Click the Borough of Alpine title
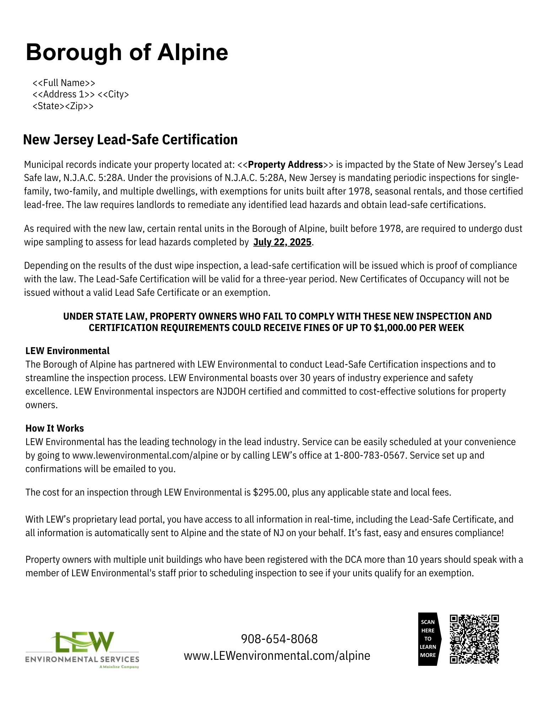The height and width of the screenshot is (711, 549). pyautogui.click(x=127, y=52)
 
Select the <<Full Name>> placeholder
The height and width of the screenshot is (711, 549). pyautogui.click(x=64, y=83)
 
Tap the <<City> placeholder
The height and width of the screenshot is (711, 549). pyautogui.click(x=113, y=94)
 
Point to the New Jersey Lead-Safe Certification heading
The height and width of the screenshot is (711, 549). pyautogui.click(x=130, y=140)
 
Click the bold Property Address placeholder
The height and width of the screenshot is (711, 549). pyautogui.click(x=285, y=165)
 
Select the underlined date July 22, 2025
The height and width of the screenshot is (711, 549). pyautogui.click(x=282, y=242)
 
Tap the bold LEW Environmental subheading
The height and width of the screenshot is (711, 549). pyautogui.click(x=68, y=351)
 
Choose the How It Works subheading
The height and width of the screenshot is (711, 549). pyautogui.click(x=55, y=428)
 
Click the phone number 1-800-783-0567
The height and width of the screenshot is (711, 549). pyautogui.click(x=370, y=455)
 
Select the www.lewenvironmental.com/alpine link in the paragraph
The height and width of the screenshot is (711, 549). pyautogui.click(x=145, y=455)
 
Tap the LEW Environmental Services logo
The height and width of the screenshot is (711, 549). pyautogui.click(x=82, y=650)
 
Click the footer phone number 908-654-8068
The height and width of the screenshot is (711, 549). pyautogui.click(x=279, y=639)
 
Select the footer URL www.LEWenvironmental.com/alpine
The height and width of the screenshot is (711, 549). pyautogui.click(x=277, y=655)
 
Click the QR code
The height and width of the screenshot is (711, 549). pyautogui.click(x=474, y=639)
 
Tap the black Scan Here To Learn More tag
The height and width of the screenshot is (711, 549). pyautogui.click(x=428, y=639)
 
